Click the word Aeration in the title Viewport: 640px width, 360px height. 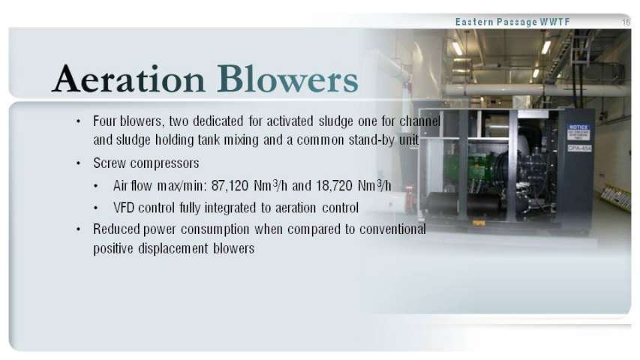coord(128,78)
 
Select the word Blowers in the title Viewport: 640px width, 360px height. coord(288,78)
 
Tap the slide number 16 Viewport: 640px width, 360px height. coord(626,22)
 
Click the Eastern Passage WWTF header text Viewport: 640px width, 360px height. coord(512,22)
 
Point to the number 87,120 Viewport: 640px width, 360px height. coord(230,186)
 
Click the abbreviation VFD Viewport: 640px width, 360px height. coord(124,208)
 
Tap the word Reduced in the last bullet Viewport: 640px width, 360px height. coord(117,229)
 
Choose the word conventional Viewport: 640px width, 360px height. coord(392,229)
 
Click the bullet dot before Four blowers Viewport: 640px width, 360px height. coord(78,121)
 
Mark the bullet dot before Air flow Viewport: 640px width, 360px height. coord(95,186)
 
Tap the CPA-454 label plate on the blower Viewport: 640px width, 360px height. coord(579,148)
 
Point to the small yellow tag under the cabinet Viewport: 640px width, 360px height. coord(479,223)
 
